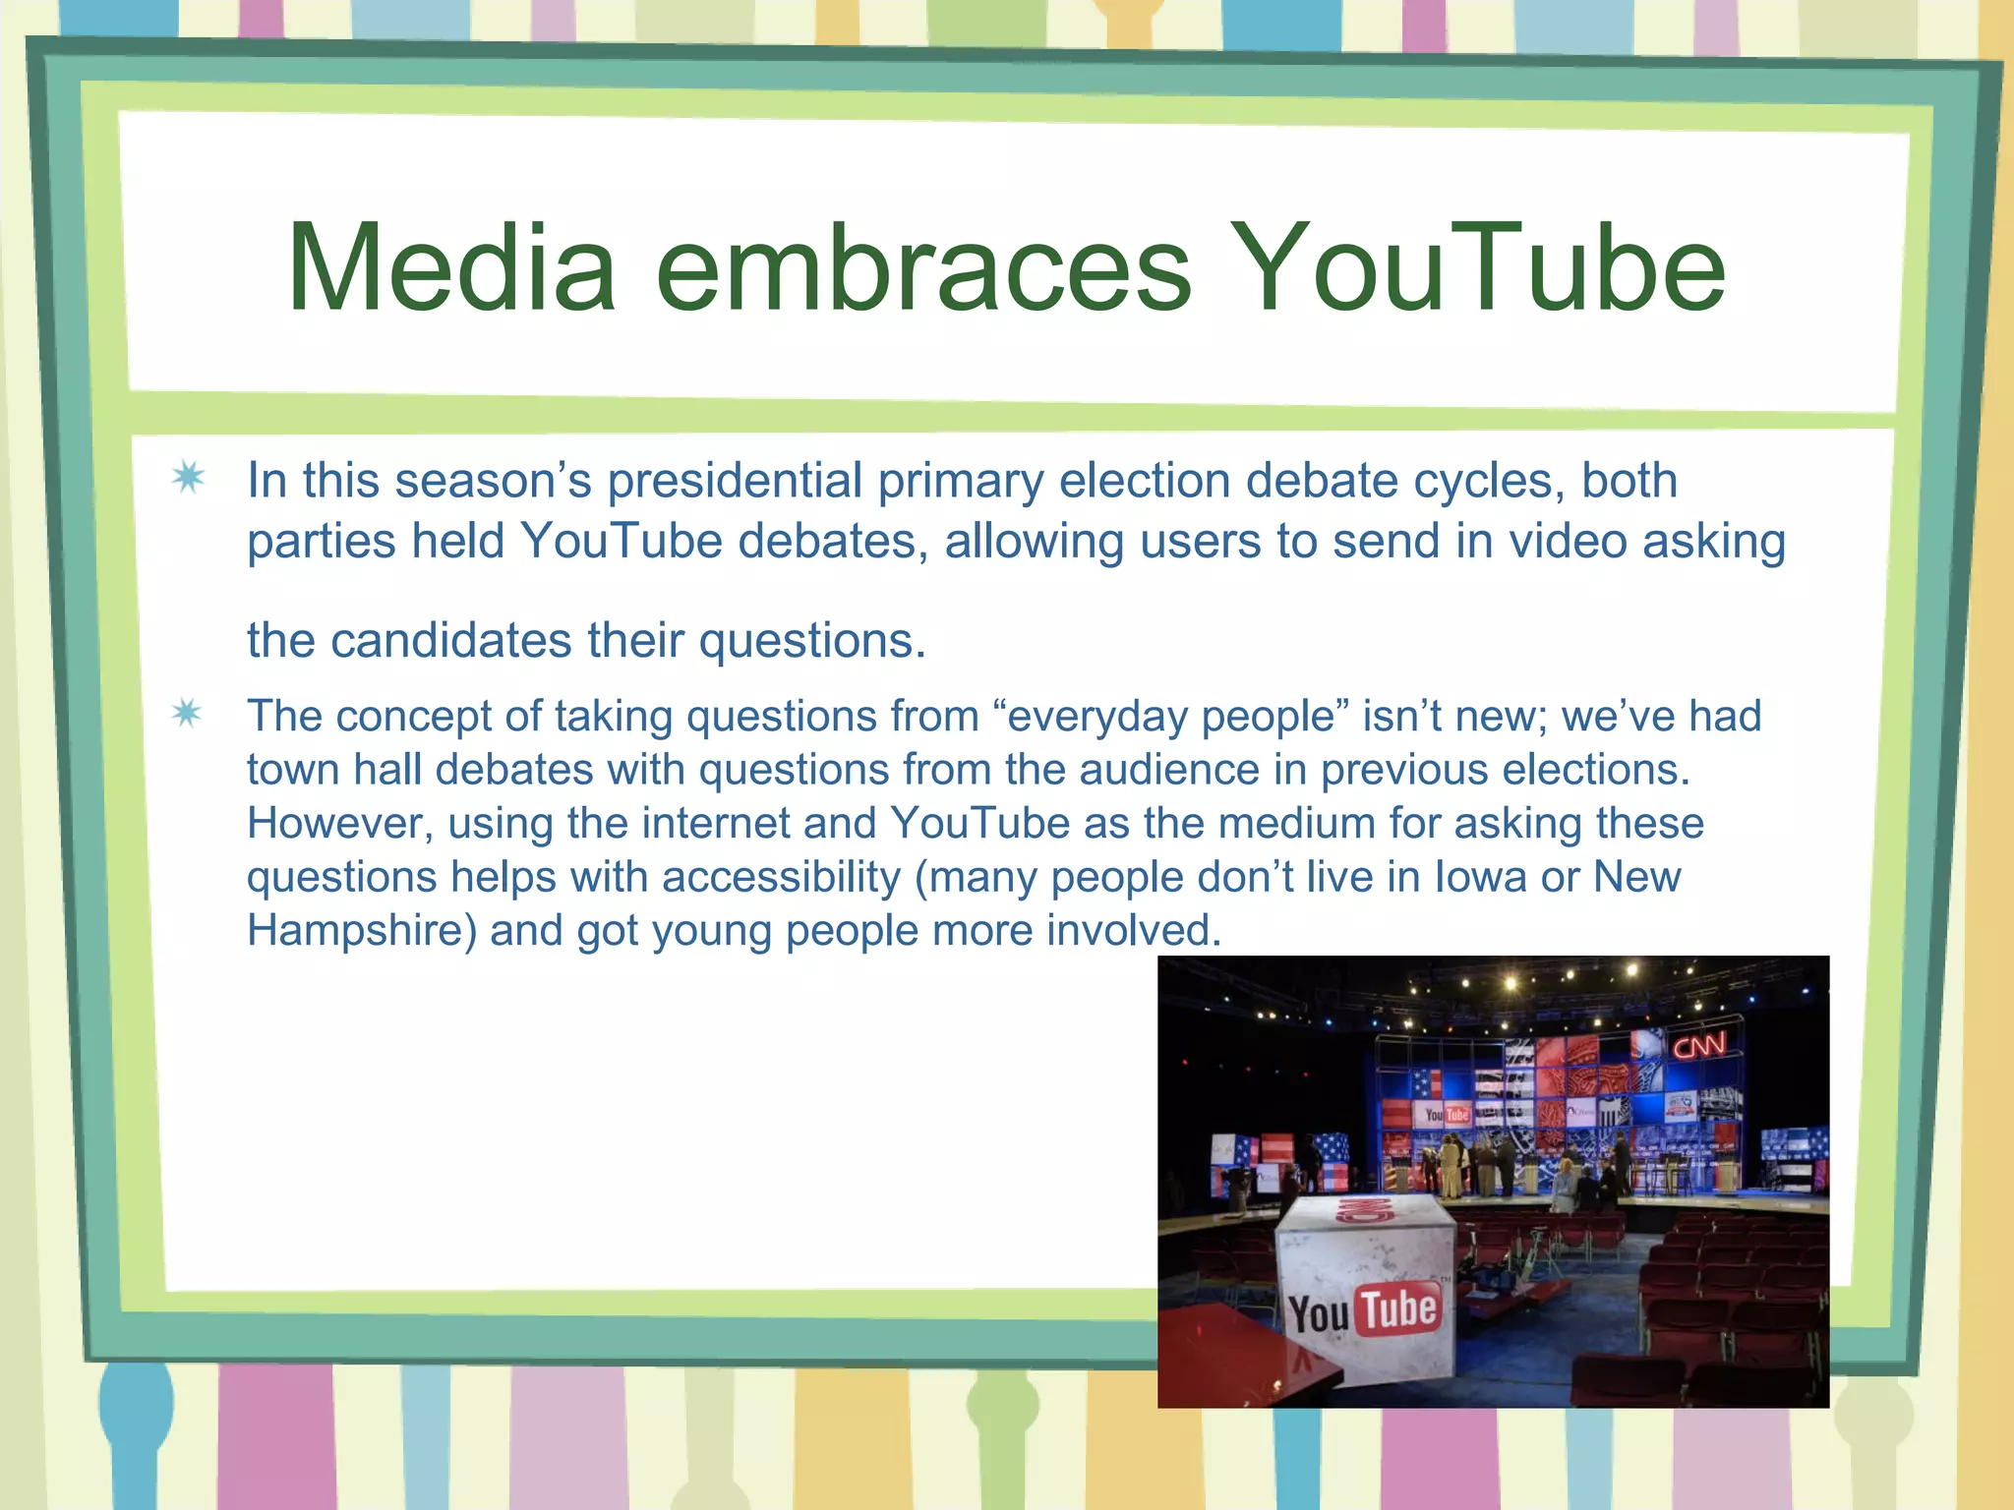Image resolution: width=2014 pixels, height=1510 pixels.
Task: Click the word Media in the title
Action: (451, 268)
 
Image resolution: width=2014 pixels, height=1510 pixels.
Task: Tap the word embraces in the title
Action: (923, 268)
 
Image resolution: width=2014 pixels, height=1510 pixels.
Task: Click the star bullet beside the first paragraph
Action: (188, 479)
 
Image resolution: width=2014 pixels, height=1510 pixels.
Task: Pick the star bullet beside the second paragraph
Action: (187, 714)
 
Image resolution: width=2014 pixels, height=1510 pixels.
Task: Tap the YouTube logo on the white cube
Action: (1364, 1310)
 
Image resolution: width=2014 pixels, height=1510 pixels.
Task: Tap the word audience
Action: (1168, 770)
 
